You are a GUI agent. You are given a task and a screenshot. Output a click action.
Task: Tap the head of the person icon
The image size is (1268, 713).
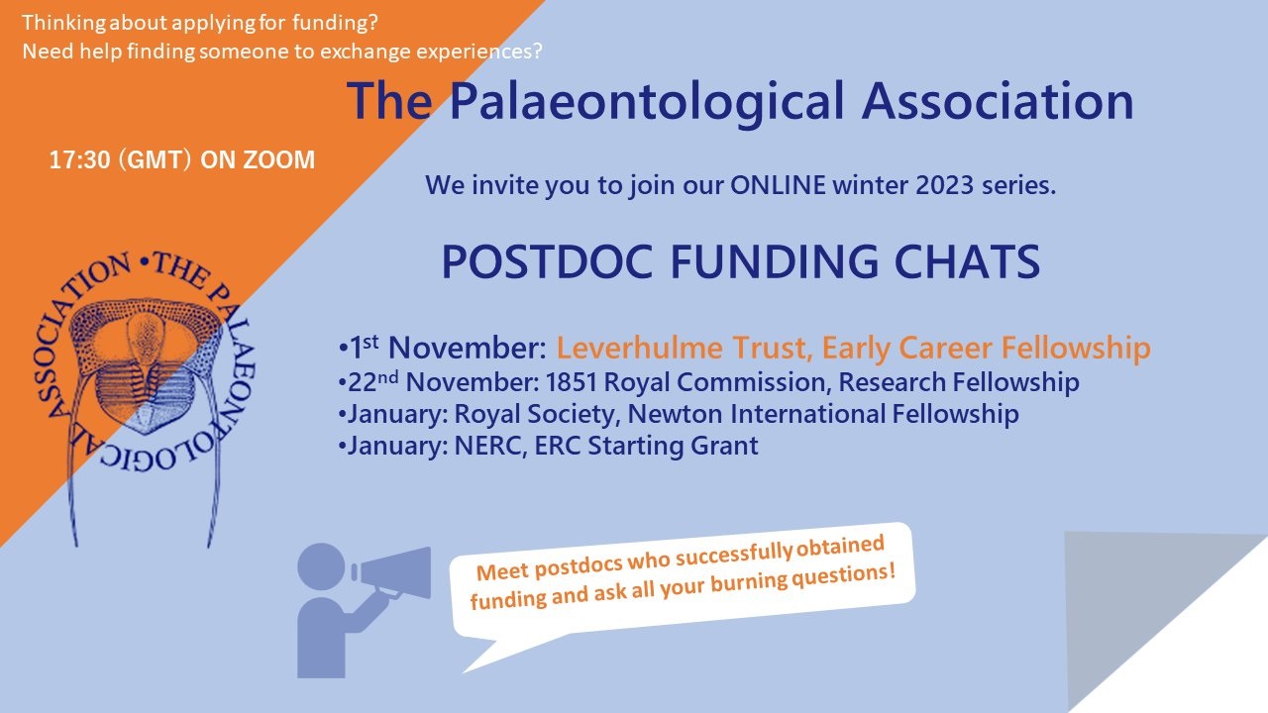pyautogui.click(x=321, y=566)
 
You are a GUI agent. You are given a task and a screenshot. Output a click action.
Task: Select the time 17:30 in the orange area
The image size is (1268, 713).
pyautogui.click(x=80, y=160)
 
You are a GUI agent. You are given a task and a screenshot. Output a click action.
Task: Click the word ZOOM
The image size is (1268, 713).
pyautogui.click(x=278, y=160)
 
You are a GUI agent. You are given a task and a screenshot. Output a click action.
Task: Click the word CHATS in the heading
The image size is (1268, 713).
pyautogui.click(x=967, y=262)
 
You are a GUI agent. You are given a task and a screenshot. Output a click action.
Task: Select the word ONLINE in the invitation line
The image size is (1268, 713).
pyautogui.click(x=778, y=185)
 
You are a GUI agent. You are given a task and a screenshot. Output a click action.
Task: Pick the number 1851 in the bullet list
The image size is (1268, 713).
pyautogui.click(x=572, y=382)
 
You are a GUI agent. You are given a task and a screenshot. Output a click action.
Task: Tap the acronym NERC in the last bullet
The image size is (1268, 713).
pyautogui.click(x=490, y=446)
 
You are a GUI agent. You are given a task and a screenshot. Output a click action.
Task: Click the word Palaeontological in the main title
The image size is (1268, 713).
pyautogui.click(x=647, y=102)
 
